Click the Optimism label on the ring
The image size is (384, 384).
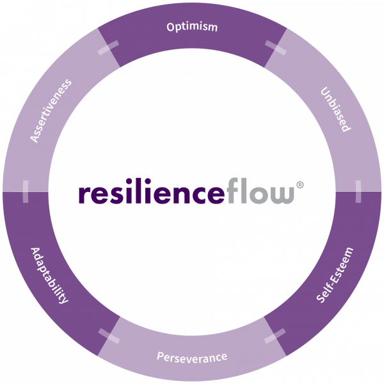click(192, 28)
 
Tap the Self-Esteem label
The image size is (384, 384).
click(335, 275)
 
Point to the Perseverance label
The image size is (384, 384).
click(192, 356)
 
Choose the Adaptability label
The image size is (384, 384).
click(49, 275)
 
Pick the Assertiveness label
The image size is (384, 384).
click(51, 111)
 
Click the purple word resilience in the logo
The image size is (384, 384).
click(152, 194)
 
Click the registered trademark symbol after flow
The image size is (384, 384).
click(300, 185)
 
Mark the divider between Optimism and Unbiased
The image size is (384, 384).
click(275, 48)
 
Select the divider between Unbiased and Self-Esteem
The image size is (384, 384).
click(358, 191)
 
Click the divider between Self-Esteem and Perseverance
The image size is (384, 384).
click(275, 336)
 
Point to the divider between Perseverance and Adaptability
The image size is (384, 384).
click(109, 335)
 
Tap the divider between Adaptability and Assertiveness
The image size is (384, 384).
click(26, 191)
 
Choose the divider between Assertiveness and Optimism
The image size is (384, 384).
click(108, 48)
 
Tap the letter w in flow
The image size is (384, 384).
click(282, 195)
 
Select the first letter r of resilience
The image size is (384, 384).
click(83, 195)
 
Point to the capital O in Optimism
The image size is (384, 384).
click(171, 28)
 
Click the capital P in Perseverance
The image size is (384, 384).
click(161, 356)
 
